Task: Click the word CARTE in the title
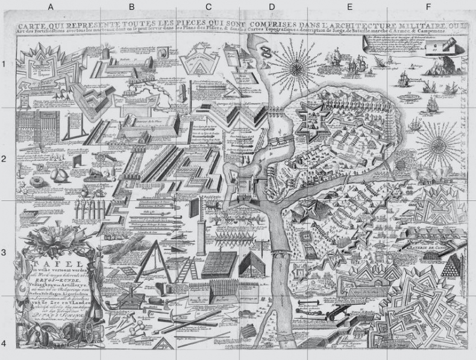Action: (33, 26)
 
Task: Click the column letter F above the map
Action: (428, 7)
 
